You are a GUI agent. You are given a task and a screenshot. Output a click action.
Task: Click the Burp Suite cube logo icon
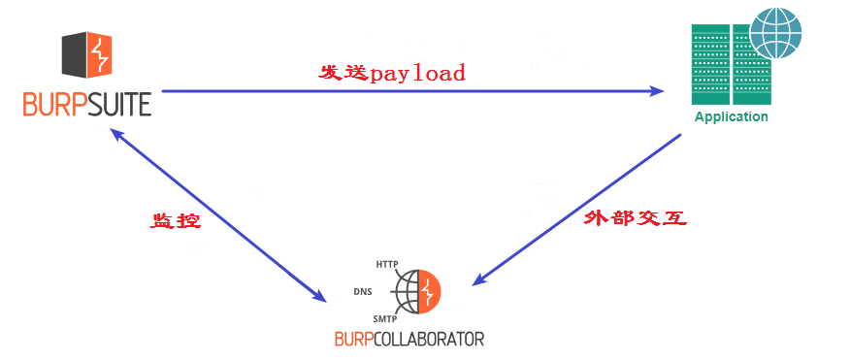pos(86,54)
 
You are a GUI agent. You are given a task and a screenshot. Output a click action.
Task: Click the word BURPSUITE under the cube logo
pos(87,103)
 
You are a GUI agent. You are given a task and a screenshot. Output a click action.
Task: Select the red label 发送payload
pos(392,73)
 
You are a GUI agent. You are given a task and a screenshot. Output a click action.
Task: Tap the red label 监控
pos(175,220)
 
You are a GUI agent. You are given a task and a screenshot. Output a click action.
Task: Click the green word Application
pos(731,117)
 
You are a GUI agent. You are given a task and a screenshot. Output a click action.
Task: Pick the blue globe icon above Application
pos(775,34)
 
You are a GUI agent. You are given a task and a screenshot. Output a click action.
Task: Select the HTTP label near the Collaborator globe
pos(387,264)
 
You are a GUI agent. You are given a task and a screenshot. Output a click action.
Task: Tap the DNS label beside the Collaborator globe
pos(364,290)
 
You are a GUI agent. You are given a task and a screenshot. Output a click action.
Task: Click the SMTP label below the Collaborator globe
pos(385,318)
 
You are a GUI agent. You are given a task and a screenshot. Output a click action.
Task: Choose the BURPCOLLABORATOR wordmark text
pos(408,339)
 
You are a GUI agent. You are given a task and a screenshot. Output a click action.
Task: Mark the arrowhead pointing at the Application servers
pos(658,91)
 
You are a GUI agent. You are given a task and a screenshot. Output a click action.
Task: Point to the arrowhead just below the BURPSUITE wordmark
pos(120,135)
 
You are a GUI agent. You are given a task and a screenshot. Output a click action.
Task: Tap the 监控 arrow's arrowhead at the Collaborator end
pos(320,295)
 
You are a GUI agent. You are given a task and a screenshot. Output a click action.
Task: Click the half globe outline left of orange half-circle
pos(408,291)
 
